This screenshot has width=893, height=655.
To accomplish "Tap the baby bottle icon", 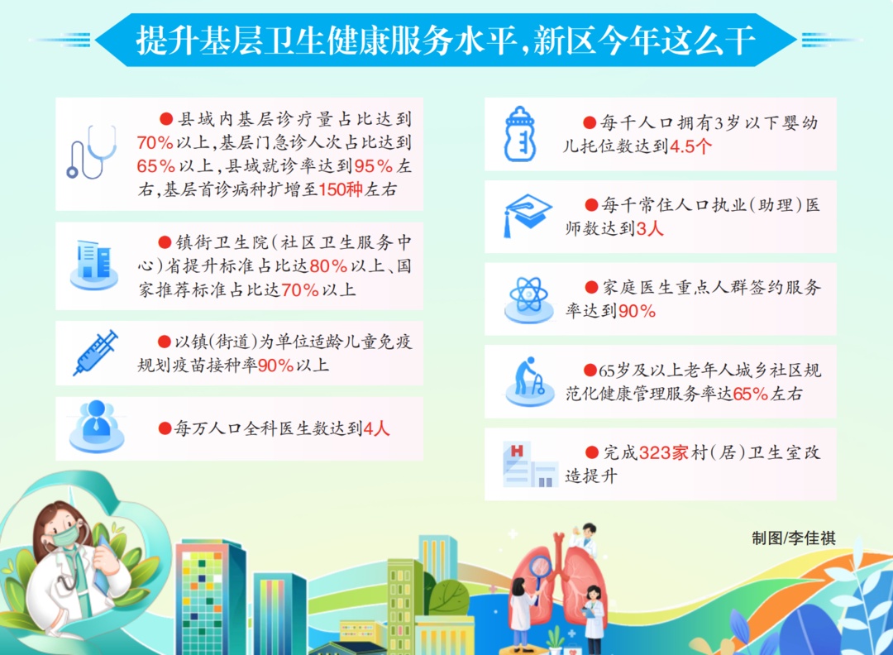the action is [x=519, y=134].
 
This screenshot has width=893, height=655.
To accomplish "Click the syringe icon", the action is [x=95, y=352].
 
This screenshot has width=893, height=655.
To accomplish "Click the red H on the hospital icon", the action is [x=517, y=451].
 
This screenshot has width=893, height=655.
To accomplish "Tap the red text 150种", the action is [x=341, y=189].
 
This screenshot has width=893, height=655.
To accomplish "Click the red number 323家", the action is [x=663, y=453].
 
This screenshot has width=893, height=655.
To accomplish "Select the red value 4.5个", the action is [x=690, y=146].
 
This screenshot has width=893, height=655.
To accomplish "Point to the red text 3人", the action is [x=650, y=229].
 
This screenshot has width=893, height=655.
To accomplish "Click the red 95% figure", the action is [x=374, y=165].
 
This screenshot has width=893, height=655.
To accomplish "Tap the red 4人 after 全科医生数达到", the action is [x=376, y=428].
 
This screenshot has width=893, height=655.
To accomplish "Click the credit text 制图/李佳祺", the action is [x=793, y=538].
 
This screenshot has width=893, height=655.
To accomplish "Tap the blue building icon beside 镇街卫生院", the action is [x=94, y=265].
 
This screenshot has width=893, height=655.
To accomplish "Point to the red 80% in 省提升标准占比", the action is [x=328, y=266].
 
